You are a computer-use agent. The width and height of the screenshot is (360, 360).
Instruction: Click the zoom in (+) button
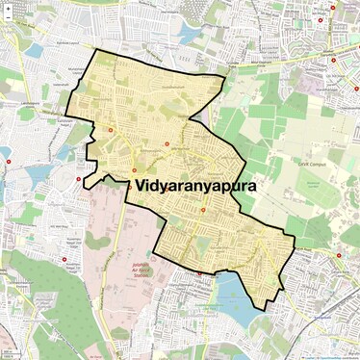(9, 9)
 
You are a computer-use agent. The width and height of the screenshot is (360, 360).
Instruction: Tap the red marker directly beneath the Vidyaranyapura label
(203, 209)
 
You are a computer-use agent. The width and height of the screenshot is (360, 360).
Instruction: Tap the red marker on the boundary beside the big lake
(199, 272)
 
